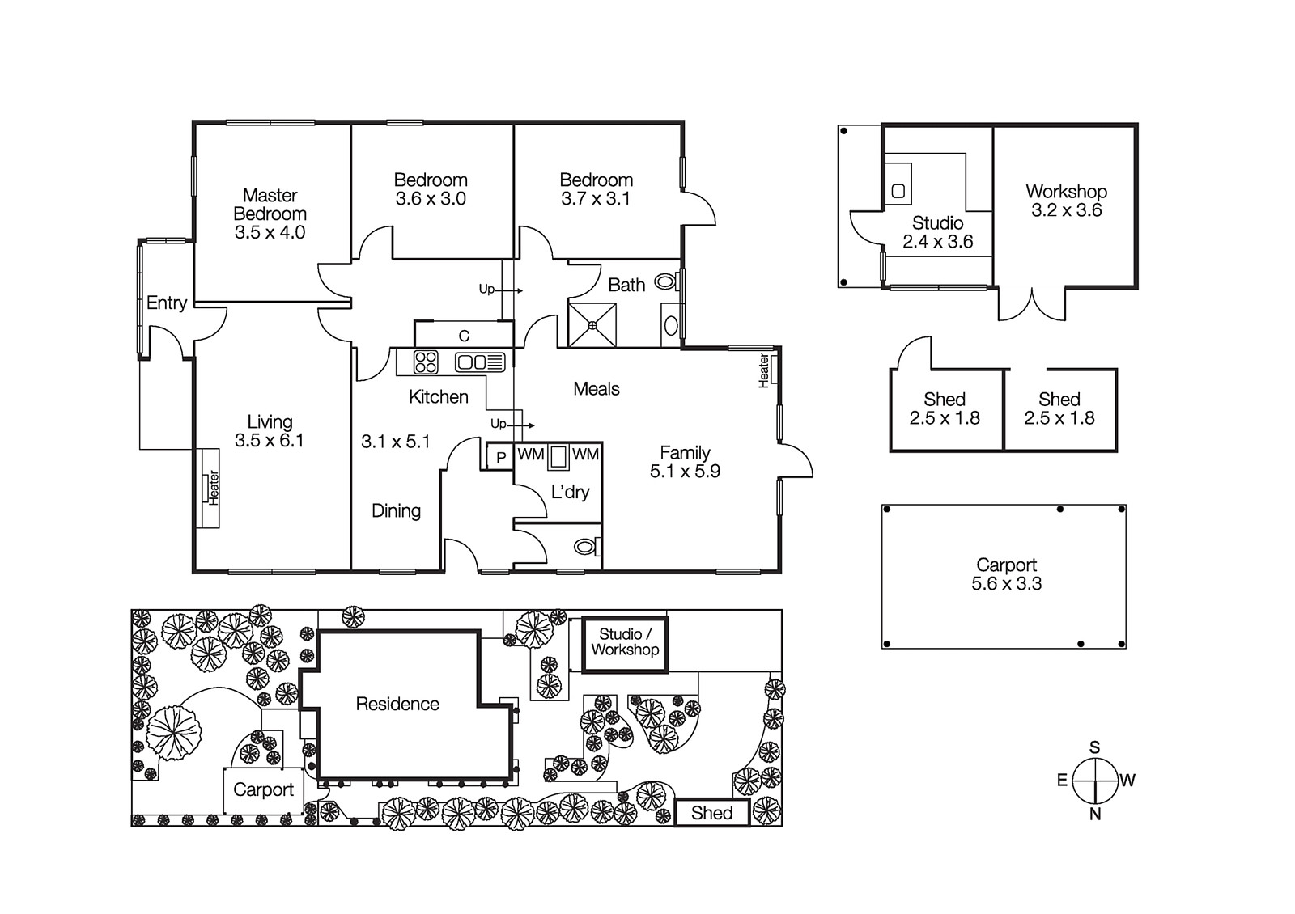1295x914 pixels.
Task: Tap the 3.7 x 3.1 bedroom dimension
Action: click(x=596, y=199)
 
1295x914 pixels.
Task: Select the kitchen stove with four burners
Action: click(x=426, y=362)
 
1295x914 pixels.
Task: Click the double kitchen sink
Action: click(x=480, y=362)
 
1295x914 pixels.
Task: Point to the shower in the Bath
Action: click(x=592, y=324)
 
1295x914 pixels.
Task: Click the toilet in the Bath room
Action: click(x=665, y=282)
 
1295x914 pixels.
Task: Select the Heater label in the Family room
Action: click(x=764, y=370)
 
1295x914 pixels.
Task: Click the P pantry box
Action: click(x=501, y=457)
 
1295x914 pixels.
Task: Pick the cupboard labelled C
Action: click(x=464, y=335)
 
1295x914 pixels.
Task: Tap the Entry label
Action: click(x=167, y=303)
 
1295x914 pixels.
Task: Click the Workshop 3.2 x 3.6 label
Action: click(x=1066, y=201)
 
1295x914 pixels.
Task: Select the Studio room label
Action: click(x=937, y=223)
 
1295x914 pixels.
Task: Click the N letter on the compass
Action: click(x=1094, y=815)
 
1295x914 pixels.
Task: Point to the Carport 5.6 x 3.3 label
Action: click(x=1006, y=574)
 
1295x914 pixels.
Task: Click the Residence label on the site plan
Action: click(x=397, y=704)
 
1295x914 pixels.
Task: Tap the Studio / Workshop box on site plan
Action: click(x=624, y=642)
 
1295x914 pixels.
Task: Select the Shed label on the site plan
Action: click(x=711, y=813)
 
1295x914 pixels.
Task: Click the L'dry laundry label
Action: click(x=570, y=492)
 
